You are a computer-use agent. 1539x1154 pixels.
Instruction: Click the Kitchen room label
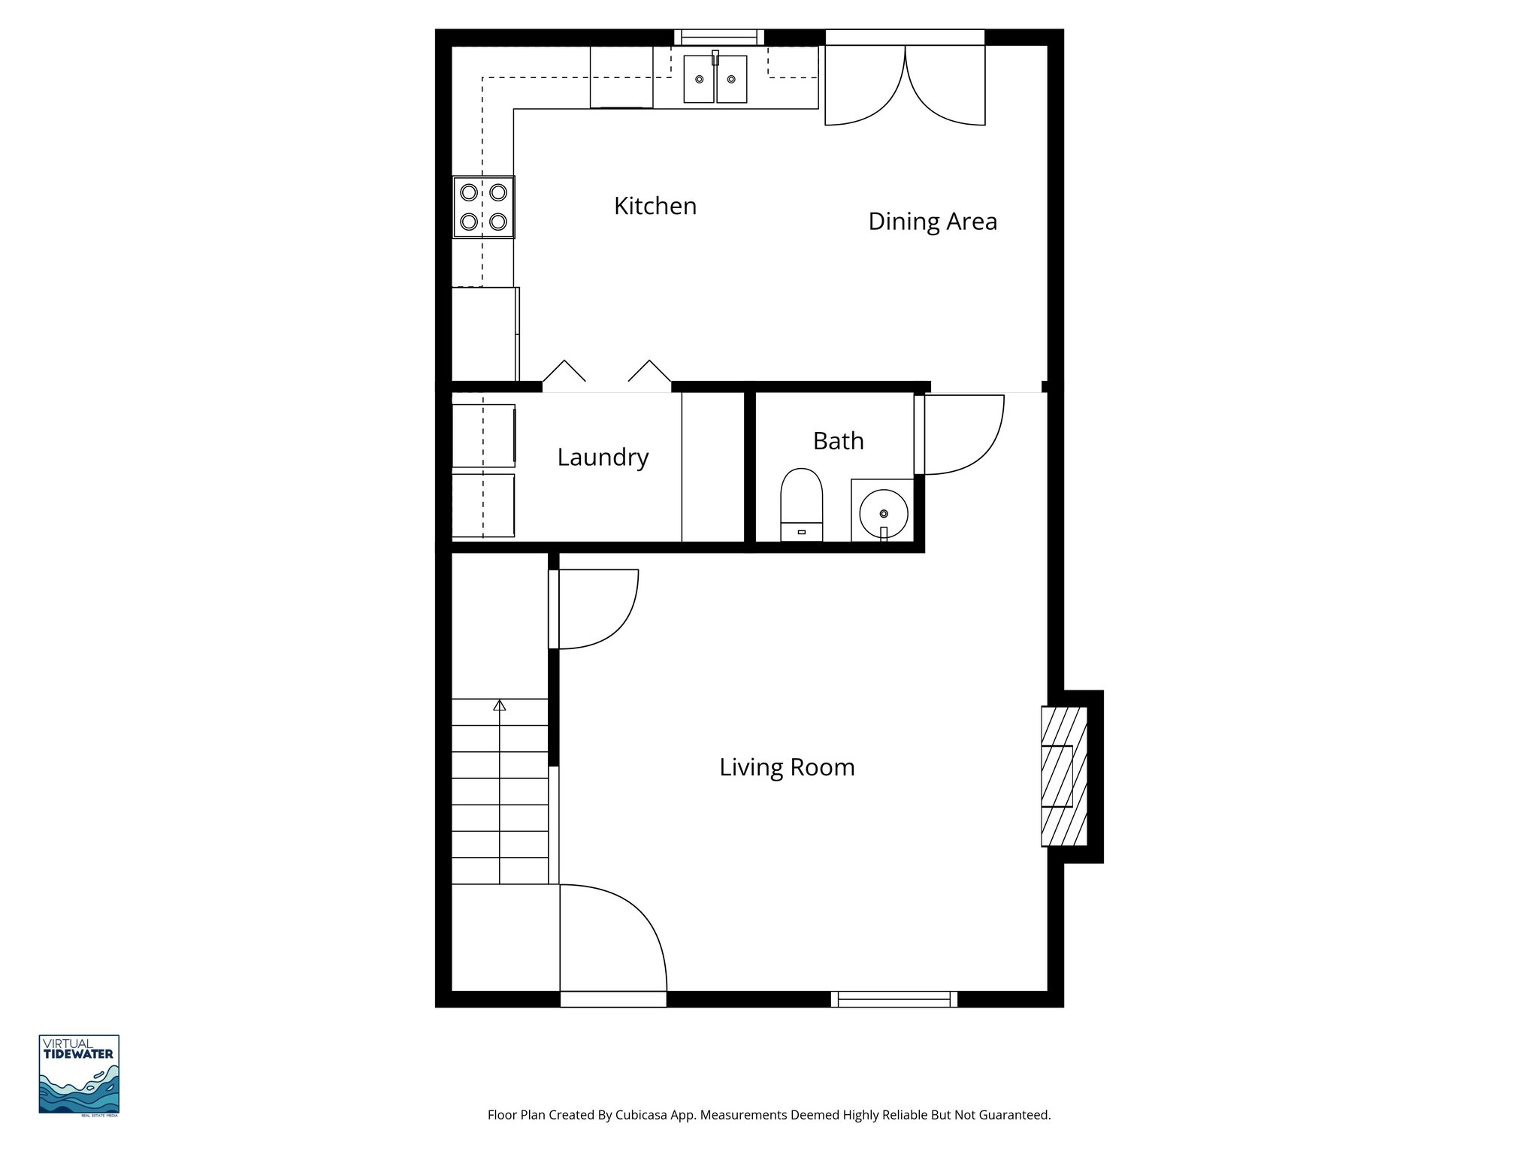(655, 206)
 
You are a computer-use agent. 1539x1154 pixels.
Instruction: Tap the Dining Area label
(932, 222)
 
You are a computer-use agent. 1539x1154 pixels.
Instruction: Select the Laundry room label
(603, 457)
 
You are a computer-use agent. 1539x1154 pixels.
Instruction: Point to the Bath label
(838, 441)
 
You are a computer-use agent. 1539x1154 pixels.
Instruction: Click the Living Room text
(787, 767)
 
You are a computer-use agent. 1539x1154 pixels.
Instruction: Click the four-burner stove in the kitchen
(483, 207)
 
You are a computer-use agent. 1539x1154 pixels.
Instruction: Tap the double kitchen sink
(715, 79)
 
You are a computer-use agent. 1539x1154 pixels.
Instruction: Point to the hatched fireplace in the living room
(1063, 775)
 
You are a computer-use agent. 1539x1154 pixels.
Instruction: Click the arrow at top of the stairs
(500, 705)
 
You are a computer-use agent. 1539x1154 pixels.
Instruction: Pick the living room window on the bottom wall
(893, 999)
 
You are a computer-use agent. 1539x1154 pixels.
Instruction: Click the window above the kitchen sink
(718, 37)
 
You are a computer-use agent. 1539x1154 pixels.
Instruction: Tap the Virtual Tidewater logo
(79, 1074)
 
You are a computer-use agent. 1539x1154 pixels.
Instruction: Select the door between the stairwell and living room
(594, 609)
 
